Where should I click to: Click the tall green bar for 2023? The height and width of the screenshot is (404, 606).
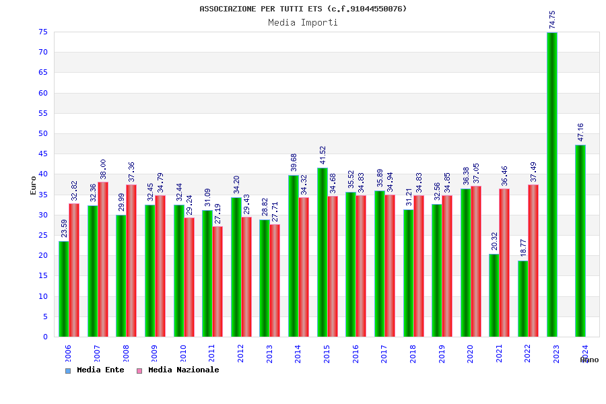552,185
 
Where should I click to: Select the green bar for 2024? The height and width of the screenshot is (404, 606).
580,241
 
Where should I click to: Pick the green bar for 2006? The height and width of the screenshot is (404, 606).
63,289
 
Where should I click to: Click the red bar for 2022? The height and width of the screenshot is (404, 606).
533,261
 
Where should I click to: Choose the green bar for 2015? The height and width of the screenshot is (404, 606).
322,252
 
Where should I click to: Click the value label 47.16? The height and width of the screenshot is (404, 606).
581,132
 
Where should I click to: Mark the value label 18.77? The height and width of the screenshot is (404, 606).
523,248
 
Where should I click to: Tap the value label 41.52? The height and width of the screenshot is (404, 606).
323,155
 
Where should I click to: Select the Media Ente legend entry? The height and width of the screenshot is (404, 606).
95,370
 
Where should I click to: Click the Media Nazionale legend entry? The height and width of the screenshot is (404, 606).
178,370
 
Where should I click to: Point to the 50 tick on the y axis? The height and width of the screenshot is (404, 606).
42,134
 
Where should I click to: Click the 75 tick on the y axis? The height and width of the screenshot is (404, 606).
42,32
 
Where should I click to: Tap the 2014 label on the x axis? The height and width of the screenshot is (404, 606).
298,354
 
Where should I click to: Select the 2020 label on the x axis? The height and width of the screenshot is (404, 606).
471,354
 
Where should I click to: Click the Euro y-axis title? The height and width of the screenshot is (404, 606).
34,185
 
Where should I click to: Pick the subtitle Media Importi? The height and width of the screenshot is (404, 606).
303,23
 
